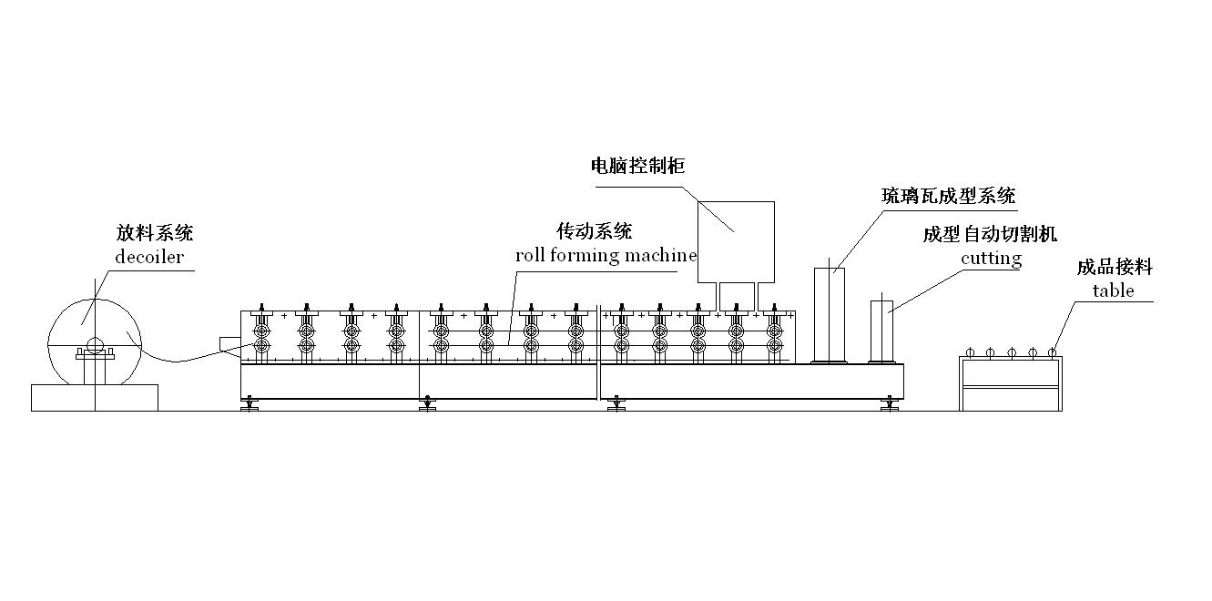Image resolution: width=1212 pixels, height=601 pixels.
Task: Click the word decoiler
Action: coord(149,257)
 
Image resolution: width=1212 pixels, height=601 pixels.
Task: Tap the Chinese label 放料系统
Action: coord(154,233)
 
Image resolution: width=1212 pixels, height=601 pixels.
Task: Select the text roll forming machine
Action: coord(606,255)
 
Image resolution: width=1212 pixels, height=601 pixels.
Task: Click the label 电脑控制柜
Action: coord(637,166)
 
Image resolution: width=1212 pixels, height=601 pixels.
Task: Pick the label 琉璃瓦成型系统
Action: coord(948,195)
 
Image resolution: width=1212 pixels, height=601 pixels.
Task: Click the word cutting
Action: coord(991,259)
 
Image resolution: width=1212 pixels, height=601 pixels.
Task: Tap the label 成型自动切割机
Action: coord(990,235)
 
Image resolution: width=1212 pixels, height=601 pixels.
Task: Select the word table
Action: coord(1113,290)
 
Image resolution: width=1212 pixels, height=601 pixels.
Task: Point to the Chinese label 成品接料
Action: coord(1115,267)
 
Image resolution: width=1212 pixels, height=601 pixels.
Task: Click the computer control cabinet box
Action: coord(736,241)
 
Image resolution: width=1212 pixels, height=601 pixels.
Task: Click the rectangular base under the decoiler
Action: coord(94,397)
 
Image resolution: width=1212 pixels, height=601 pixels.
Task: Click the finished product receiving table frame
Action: coord(1011,383)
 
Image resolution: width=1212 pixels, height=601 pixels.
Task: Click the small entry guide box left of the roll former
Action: coord(230,342)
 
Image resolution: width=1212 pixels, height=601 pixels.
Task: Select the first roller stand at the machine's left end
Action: coord(262,335)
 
